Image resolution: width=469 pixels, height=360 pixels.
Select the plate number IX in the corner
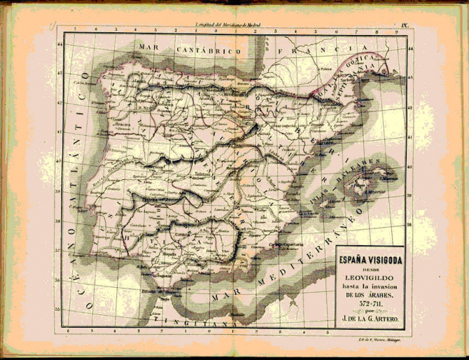tap(405, 26)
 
